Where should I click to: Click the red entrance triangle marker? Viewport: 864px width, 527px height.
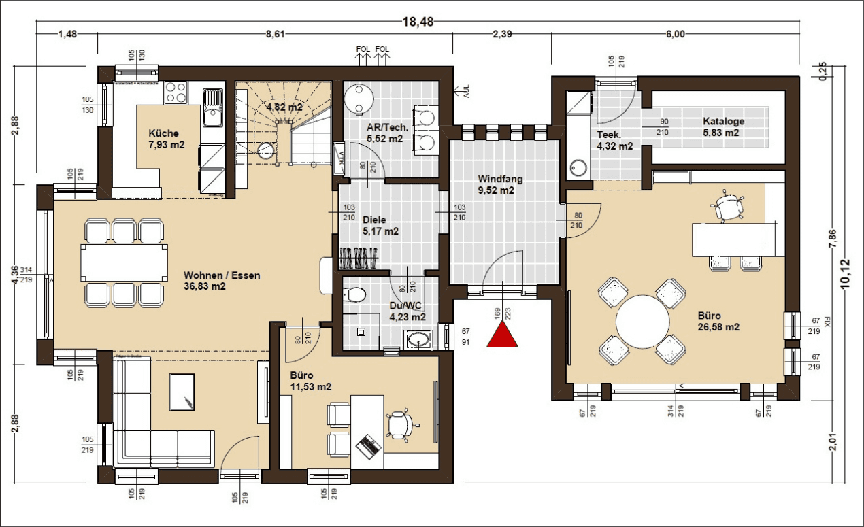[x=503, y=335]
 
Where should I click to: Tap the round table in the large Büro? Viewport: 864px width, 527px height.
[x=642, y=320]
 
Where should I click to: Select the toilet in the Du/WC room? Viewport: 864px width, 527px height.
[x=354, y=294]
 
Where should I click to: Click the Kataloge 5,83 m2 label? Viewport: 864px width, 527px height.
[x=723, y=127]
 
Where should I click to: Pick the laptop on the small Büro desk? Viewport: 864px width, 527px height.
[x=368, y=445]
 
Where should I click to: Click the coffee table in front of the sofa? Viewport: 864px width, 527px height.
[x=182, y=393]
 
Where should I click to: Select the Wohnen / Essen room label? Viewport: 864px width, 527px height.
[x=222, y=281]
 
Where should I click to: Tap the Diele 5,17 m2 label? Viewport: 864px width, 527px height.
[x=380, y=226]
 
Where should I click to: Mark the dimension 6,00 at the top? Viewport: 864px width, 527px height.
[x=675, y=35]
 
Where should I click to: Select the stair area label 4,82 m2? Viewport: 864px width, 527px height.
[x=284, y=107]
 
